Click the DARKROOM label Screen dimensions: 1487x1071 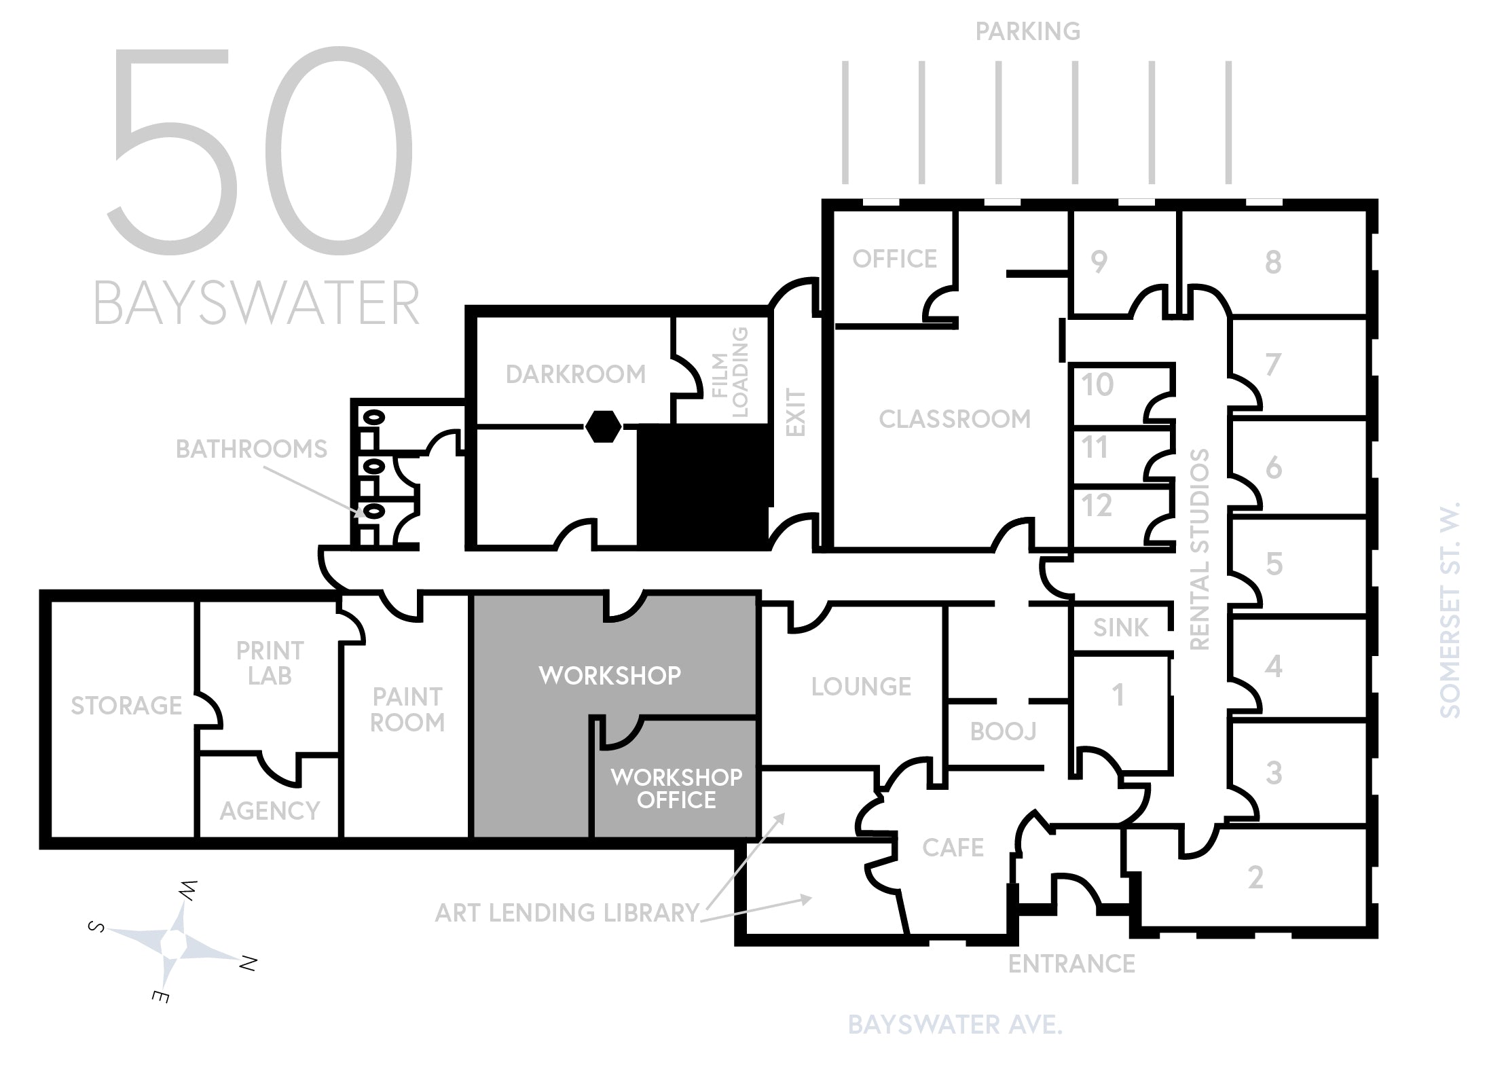pyautogui.click(x=576, y=374)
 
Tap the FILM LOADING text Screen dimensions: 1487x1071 pyautogui.click(x=730, y=373)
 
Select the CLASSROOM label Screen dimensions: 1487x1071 pyautogui.click(x=955, y=419)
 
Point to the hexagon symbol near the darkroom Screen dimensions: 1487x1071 pyautogui.click(x=603, y=426)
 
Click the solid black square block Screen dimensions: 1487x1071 pyautogui.click(x=704, y=486)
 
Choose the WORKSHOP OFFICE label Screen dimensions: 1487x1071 pyautogui.click(x=676, y=788)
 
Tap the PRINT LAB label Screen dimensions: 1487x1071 pyautogui.click(x=270, y=663)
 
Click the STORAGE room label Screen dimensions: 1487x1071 pyautogui.click(x=126, y=706)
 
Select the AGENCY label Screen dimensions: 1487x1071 pyautogui.click(x=270, y=811)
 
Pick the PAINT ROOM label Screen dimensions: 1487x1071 pyautogui.click(x=407, y=710)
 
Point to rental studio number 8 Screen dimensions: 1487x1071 pyautogui.click(x=1273, y=261)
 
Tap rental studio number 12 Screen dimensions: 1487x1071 pyautogui.click(x=1097, y=506)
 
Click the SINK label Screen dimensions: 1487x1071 pyautogui.click(x=1121, y=628)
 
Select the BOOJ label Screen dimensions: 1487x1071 pyautogui.click(x=1004, y=731)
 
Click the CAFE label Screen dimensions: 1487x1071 pyautogui.click(x=953, y=848)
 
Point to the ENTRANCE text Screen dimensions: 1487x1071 pyautogui.click(x=1071, y=964)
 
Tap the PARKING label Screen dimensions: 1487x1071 pyautogui.click(x=1028, y=31)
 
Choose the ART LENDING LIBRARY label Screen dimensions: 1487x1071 pyautogui.click(x=568, y=913)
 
